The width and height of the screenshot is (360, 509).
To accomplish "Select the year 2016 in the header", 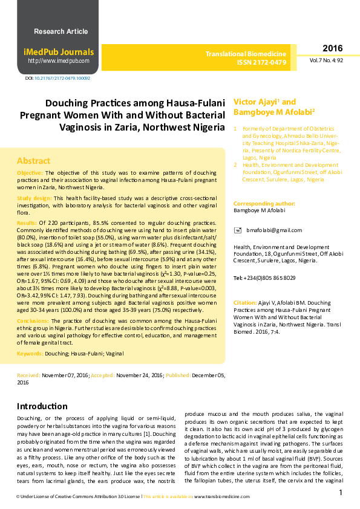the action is click(332, 49).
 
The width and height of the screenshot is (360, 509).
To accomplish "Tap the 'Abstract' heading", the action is click(33, 161).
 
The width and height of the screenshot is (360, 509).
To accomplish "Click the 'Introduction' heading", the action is click(42, 406).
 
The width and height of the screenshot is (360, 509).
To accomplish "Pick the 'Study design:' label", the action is click(34, 198).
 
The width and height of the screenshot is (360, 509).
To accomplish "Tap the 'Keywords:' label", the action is click(30, 352).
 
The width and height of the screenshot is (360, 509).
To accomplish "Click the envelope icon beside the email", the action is click(237, 230).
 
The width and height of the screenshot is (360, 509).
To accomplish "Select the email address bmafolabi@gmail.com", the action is click(273, 230).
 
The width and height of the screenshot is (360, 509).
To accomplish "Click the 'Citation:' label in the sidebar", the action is click(245, 302).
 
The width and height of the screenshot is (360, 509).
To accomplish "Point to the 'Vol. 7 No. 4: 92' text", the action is click(327, 61).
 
